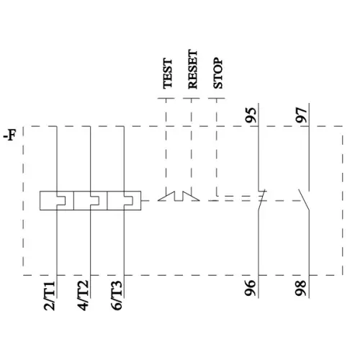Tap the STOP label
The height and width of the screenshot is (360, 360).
[218, 73]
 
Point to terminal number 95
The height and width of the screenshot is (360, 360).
[250, 114]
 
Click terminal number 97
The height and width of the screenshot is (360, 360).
[301, 114]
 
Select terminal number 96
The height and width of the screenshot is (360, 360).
[250, 289]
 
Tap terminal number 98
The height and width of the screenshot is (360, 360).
[301, 289]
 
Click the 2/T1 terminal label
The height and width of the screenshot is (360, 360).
[50, 296]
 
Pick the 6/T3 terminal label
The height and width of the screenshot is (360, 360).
[117, 296]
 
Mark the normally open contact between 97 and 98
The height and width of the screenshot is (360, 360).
[305, 198]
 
